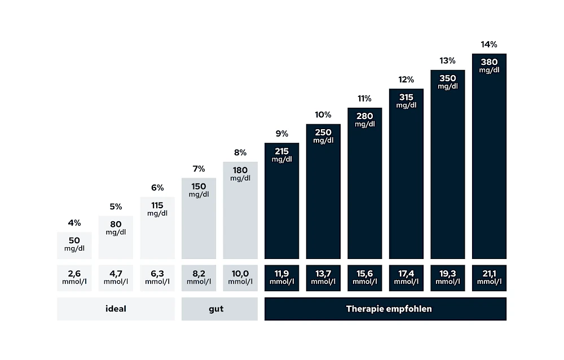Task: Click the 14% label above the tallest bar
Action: (x=489, y=45)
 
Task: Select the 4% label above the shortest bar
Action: (x=74, y=223)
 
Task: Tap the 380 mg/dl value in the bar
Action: (x=489, y=66)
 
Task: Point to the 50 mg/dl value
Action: (x=74, y=244)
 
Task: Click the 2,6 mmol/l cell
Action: (x=74, y=278)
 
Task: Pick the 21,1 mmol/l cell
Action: (x=489, y=278)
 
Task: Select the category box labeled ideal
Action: (x=116, y=309)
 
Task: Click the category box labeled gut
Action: (x=219, y=309)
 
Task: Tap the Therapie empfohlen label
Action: (x=385, y=309)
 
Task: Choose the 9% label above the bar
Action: (x=281, y=134)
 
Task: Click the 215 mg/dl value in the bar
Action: (x=281, y=155)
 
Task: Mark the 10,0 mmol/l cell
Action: (x=240, y=278)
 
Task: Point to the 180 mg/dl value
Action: (x=240, y=174)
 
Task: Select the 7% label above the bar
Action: (x=199, y=169)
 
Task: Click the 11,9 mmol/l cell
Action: (x=281, y=278)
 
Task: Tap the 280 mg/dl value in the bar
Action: (x=364, y=120)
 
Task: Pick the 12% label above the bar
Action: (x=406, y=80)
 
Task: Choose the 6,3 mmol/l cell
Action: (x=157, y=278)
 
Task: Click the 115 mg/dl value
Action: (x=157, y=209)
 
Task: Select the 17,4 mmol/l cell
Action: (x=406, y=278)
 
